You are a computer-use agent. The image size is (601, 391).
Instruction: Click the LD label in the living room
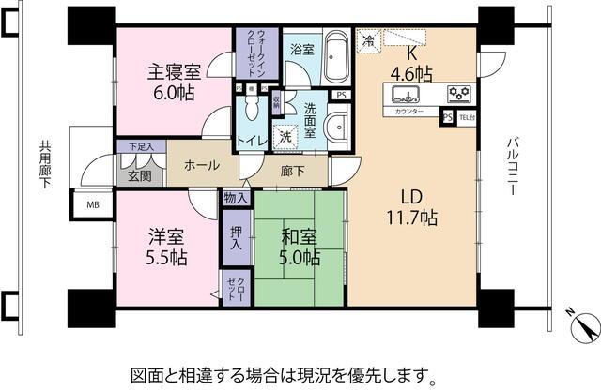point(409,196)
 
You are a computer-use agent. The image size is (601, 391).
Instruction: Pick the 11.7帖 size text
point(409,218)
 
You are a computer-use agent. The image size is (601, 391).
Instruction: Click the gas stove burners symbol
point(459,93)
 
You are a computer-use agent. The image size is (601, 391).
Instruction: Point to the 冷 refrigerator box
point(369,41)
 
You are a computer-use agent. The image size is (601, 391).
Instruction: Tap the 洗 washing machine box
point(286,136)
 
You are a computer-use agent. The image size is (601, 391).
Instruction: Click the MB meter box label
point(94,204)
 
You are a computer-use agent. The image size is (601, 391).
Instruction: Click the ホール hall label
point(202,166)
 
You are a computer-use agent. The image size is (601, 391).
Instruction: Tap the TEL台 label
point(466,117)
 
